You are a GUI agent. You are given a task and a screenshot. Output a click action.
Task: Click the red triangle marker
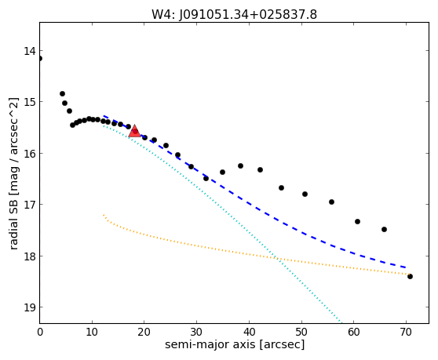coord(135,131)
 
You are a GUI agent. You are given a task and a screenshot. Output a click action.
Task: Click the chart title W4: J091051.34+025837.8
coord(234,14)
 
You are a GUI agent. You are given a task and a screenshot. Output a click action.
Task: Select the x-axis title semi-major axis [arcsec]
coord(235,344)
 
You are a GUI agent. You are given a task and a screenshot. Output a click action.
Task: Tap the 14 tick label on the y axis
coord(30,51)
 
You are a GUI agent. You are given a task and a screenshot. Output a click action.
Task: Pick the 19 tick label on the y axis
coord(30,307)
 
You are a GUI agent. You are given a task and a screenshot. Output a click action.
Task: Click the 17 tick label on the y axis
coord(30,205)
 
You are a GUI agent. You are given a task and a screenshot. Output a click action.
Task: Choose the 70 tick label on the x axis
coord(406,332)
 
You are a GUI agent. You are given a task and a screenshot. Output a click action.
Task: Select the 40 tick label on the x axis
coord(249,332)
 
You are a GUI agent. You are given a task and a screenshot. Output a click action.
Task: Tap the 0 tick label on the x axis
coord(40,332)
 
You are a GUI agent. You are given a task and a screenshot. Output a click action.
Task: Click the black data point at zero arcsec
coord(40,58)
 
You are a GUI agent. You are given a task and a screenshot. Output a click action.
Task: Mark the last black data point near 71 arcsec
coord(410,276)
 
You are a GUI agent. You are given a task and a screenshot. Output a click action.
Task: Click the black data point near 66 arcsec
coord(384,229)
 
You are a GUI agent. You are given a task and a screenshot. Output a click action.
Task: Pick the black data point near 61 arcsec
coord(357,222)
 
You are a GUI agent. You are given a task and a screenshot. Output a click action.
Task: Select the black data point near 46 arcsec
coord(281,187)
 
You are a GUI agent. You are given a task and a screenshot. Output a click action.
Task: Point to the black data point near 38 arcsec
coord(240,165)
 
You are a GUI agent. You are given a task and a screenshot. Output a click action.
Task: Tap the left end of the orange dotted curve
coord(104,215)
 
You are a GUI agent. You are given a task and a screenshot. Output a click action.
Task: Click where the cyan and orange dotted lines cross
coord(277,258)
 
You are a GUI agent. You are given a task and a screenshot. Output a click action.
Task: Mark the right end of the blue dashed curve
coord(406,267)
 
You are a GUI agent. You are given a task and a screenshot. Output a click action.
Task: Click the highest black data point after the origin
coord(62,94)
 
